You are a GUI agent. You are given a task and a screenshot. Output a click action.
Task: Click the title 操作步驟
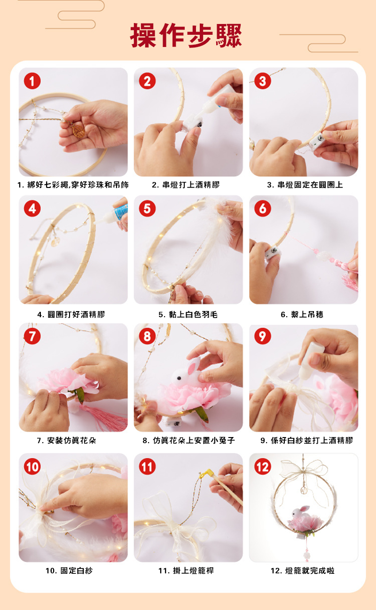[186, 35]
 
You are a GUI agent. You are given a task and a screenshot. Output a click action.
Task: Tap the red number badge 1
[32, 81]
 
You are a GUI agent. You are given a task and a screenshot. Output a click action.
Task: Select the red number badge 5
[147, 209]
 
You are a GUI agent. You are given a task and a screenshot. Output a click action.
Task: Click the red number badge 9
[263, 336]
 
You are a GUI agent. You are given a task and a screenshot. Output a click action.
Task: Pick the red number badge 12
[263, 467]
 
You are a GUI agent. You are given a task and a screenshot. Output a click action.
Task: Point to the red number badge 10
[32, 467]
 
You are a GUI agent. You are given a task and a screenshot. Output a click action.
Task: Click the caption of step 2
[186, 185]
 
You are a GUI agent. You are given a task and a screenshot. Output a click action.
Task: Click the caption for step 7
[66, 440]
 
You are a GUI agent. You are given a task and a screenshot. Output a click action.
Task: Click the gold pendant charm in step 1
[78, 131]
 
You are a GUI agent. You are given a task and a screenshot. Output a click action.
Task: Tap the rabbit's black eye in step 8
[179, 378]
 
